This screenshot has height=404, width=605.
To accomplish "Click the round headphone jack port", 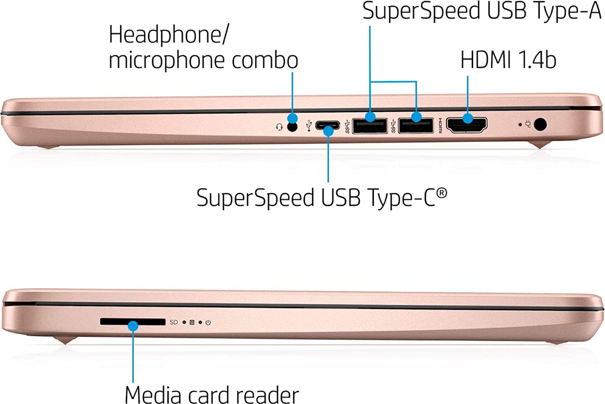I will tap(292, 127).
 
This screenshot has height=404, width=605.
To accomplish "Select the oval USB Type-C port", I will tap(327, 126).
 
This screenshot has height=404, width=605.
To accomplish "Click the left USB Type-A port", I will tap(370, 126).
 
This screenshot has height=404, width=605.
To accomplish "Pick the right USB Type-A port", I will tap(416, 126).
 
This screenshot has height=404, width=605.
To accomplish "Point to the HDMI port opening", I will tap(467, 125).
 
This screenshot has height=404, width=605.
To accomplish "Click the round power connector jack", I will tap(540, 124).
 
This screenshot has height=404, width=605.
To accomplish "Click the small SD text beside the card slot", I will tap(174, 322).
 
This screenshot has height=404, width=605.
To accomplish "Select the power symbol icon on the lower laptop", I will tap(208, 322).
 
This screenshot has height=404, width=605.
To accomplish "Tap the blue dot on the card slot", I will tap(133, 325).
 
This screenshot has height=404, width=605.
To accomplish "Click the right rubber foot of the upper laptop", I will tap(540, 145).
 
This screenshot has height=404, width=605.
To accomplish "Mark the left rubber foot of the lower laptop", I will tap(65, 341).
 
